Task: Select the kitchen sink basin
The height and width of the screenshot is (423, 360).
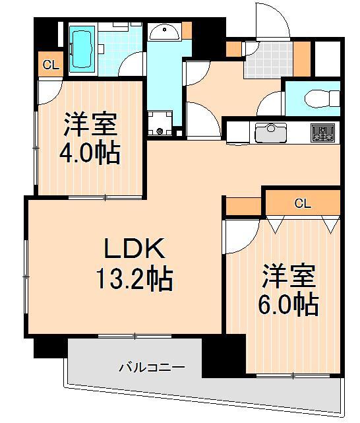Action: pos(269,133)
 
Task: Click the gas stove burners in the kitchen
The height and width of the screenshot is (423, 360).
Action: pos(323,132)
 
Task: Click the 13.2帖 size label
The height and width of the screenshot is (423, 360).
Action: pos(135,280)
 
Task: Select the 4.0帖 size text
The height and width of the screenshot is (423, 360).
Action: pos(91,154)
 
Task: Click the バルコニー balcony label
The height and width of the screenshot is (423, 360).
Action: pos(152,366)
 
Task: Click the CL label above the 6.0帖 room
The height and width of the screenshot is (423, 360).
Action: pos(302,203)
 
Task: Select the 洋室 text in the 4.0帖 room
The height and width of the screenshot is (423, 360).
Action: pos(91,125)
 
